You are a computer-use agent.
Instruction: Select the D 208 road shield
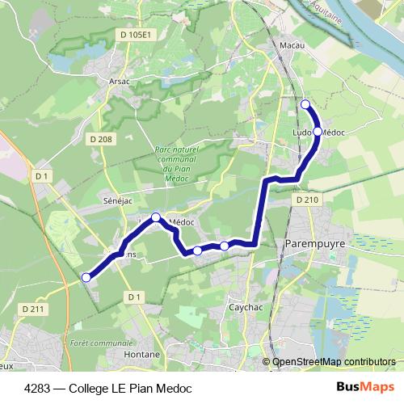(102, 139)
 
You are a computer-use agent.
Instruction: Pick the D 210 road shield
(307, 199)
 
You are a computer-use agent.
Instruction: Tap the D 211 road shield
(32, 309)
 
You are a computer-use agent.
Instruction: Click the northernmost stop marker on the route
(305, 104)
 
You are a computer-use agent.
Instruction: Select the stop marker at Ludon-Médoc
(318, 131)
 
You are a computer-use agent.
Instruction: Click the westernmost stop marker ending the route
(86, 277)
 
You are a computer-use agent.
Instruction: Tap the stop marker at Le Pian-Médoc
(157, 217)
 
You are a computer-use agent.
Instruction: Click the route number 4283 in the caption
(39, 388)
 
